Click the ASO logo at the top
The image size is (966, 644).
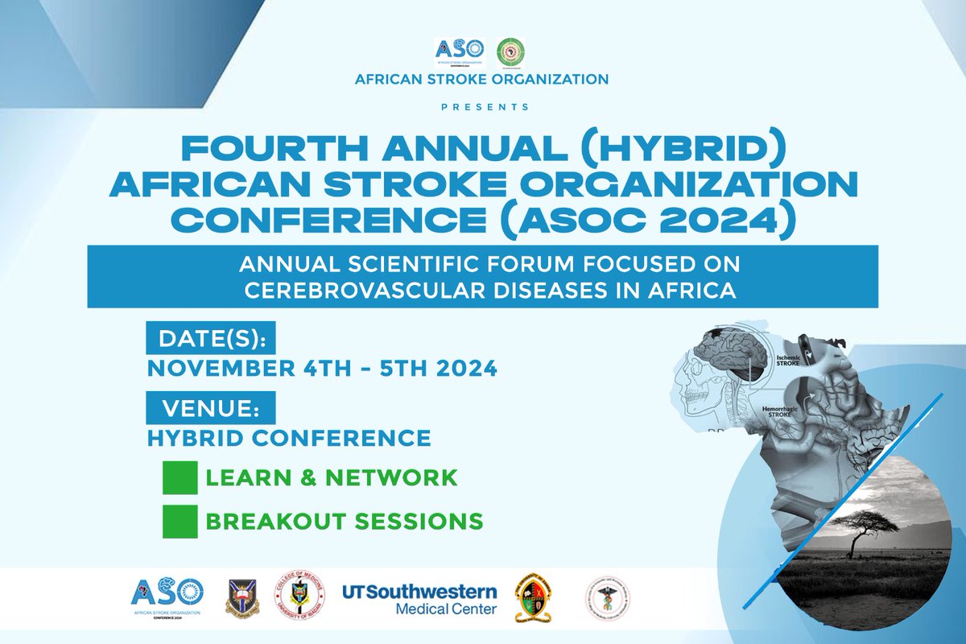[x=460, y=52]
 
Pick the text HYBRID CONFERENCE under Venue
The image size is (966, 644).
[x=289, y=438]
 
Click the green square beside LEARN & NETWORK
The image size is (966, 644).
[x=180, y=477]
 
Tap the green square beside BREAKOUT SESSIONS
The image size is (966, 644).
[x=180, y=522]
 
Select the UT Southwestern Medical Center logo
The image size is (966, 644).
[x=419, y=598]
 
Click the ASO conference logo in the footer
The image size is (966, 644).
[x=167, y=597]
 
